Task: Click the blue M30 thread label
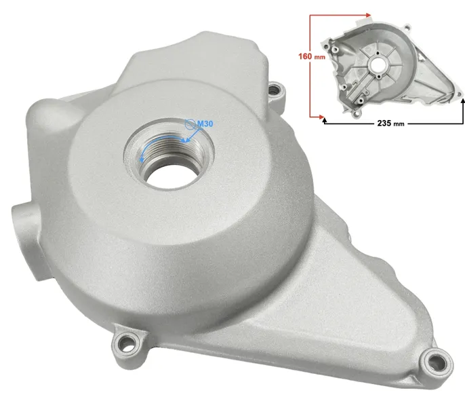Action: coord(205,124)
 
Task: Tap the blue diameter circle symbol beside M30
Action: coord(189,124)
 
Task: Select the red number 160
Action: coord(305,56)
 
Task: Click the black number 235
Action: coord(384,123)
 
